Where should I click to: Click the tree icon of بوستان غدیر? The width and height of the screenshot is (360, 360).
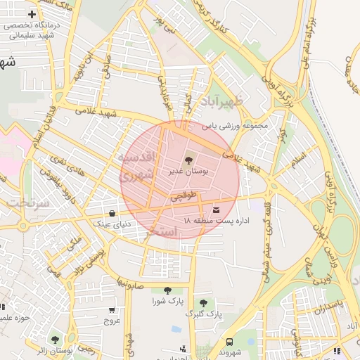coord(187,161)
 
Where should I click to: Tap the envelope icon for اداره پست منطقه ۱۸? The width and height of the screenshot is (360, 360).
coord(216,210)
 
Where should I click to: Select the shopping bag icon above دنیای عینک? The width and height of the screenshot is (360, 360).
coord(112,213)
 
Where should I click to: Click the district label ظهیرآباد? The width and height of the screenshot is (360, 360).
coord(226,101)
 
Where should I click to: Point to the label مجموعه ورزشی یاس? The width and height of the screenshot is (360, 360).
coord(236,127)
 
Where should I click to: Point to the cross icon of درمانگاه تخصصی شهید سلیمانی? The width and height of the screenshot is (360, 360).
coord(32,14)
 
